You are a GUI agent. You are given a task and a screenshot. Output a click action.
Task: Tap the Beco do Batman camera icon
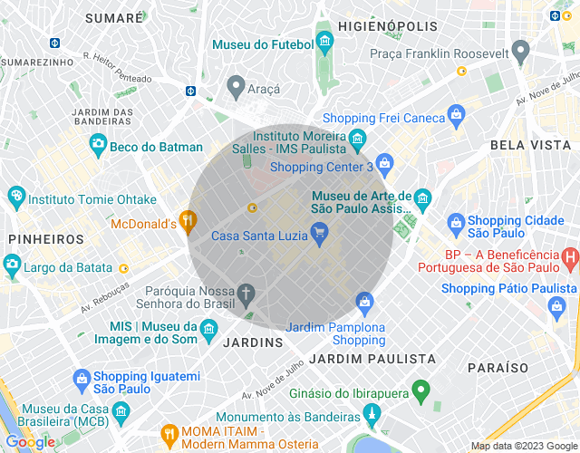point(98,143)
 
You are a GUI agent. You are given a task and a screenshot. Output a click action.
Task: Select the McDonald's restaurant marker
point(188,220)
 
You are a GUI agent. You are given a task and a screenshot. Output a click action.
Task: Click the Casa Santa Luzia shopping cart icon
point(319,235)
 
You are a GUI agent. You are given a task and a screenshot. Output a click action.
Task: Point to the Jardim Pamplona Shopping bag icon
point(364,300)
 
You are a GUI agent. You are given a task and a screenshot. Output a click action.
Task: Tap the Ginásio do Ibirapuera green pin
point(420,391)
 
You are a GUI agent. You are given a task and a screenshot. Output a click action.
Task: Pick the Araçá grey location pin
point(236,88)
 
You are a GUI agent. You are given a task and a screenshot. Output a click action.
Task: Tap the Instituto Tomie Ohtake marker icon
point(15,197)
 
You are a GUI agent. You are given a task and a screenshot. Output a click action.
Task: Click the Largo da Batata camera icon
point(12,265)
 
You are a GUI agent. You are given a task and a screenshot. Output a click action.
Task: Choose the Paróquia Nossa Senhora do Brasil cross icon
point(246,293)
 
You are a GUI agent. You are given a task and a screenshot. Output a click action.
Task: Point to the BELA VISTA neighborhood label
point(530,145)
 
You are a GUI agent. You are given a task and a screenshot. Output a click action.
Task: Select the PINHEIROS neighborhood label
point(45,239)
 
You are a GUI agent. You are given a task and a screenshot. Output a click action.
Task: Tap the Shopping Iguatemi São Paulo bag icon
point(81,378)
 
